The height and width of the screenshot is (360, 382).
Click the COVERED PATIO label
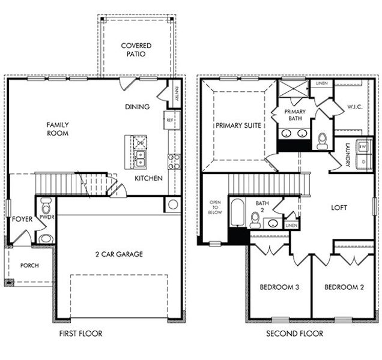[x=136, y=49]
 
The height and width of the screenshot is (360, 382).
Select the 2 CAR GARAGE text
[x=118, y=254]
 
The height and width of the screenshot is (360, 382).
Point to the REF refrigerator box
[x=169, y=120]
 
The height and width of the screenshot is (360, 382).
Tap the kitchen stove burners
[x=174, y=161]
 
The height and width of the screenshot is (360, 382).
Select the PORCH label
[x=29, y=265]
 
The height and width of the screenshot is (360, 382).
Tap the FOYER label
[x=22, y=220]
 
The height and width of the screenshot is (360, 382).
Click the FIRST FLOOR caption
[x=80, y=334]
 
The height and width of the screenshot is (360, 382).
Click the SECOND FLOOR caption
[x=294, y=334]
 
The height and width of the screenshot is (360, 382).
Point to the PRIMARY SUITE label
[x=238, y=125]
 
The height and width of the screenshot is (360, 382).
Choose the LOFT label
[x=339, y=208]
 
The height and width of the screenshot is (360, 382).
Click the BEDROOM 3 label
[x=279, y=287]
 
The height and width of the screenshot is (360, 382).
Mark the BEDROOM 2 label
[x=345, y=287]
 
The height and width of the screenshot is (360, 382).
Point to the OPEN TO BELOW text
[x=214, y=208]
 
